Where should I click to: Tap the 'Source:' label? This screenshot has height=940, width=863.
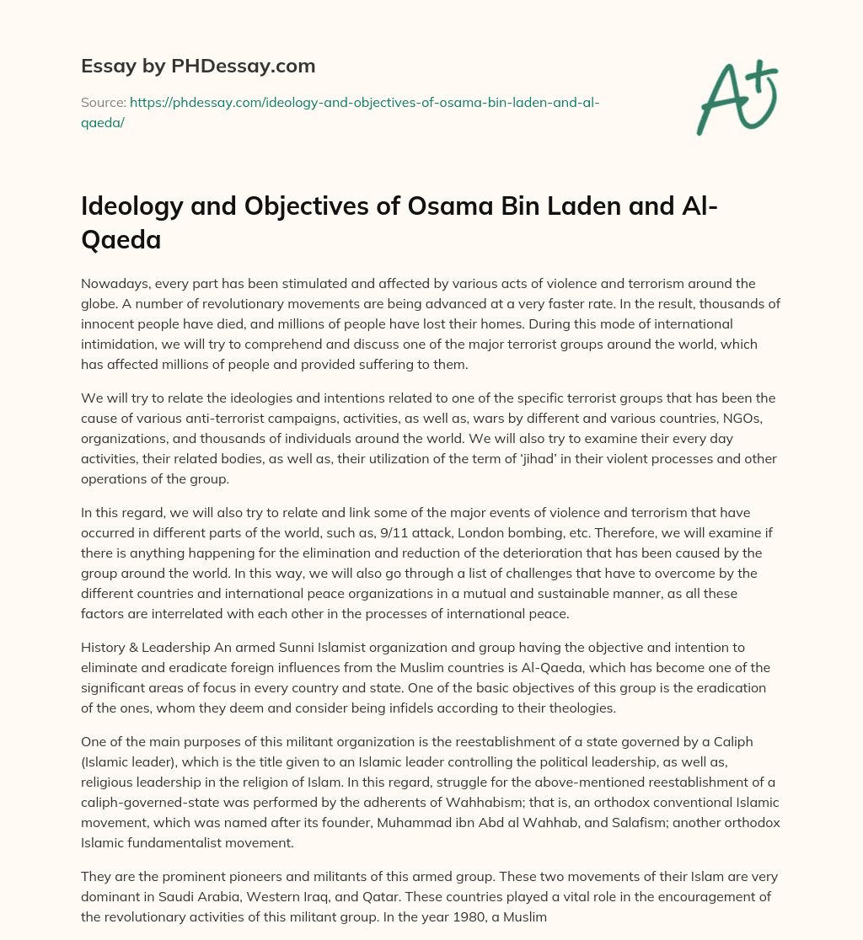pos(102,102)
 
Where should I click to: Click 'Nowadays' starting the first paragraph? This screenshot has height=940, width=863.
pos(110,283)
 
